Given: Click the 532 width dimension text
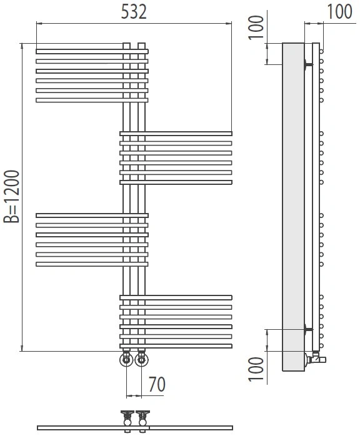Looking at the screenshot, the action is click(x=134, y=12).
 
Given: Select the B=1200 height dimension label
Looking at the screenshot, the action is click(x=12, y=197).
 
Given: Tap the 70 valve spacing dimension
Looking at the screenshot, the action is click(x=157, y=384).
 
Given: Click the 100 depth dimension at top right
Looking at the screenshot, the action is click(x=339, y=12).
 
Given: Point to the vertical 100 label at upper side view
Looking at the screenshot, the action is click(x=256, y=27).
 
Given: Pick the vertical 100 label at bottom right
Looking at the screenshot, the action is click(x=256, y=369).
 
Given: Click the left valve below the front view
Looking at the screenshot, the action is click(x=126, y=359).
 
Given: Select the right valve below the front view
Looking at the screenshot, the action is click(x=142, y=359).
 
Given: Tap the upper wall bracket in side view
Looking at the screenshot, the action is click(x=308, y=64).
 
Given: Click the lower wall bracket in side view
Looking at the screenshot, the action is click(x=308, y=330).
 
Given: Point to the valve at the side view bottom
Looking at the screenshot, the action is click(x=316, y=358).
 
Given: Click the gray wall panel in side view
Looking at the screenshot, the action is click(x=294, y=207).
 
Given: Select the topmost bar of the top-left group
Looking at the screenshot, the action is click(x=92, y=51).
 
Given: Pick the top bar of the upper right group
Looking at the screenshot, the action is click(x=176, y=134).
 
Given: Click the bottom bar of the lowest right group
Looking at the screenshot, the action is click(x=176, y=346).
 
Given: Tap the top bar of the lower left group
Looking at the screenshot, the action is click(x=92, y=216).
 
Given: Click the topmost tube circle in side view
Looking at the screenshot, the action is click(x=322, y=51).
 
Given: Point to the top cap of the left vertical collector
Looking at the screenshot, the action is click(x=127, y=46).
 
